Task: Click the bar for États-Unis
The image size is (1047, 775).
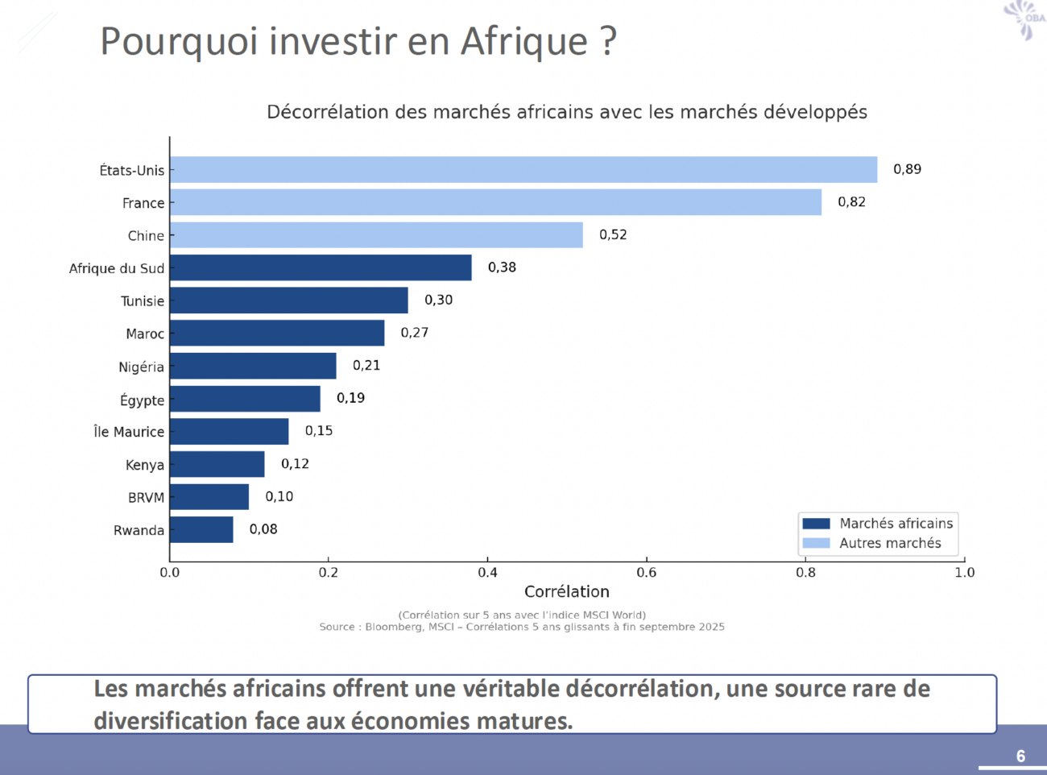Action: [x=523, y=170]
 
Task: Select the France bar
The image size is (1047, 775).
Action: [x=495, y=202]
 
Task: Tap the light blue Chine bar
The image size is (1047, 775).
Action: [x=376, y=235]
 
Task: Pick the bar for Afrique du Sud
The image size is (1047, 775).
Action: [x=321, y=267]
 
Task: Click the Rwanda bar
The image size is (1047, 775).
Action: [x=201, y=530]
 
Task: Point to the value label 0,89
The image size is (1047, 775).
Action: [x=907, y=169]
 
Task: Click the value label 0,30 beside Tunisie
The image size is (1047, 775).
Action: [x=438, y=300]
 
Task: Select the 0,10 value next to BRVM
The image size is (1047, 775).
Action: [x=279, y=496]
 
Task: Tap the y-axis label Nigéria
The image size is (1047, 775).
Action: [x=141, y=367]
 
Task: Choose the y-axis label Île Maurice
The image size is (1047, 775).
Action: [x=129, y=432]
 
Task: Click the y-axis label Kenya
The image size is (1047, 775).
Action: [x=145, y=465]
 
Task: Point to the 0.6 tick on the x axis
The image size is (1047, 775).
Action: [x=646, y=573]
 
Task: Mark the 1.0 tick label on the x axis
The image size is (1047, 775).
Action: [x=964, y=573]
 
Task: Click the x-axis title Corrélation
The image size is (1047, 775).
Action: [x=566, y=592]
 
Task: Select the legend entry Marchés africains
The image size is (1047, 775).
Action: [x=896, y=524]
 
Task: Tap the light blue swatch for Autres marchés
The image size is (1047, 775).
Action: [x=816, y=544]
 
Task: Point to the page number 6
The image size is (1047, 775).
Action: [x=1020, y=756]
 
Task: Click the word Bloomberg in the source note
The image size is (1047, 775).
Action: [x=393, y=627]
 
